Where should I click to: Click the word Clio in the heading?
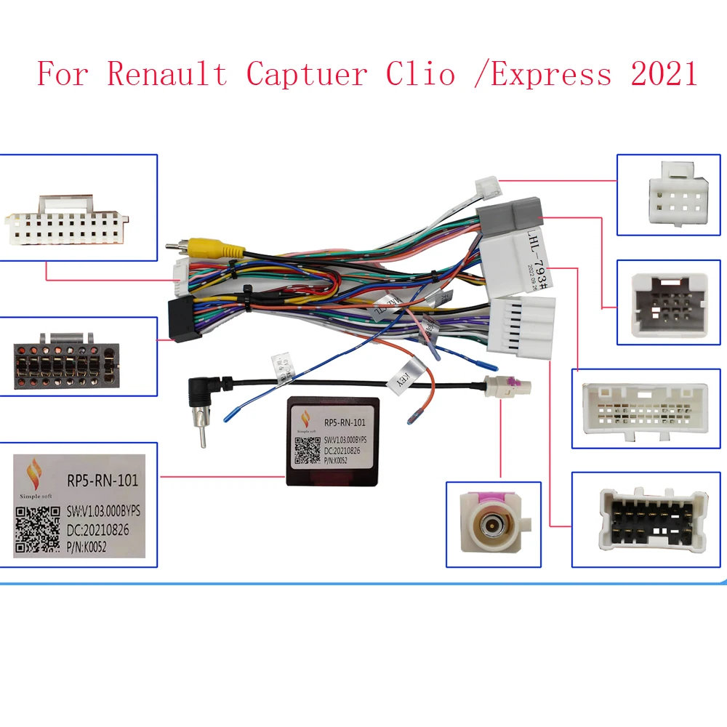[x=422, y=73]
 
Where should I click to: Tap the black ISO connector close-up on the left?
[x=64, y=359]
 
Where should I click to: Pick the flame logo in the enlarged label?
[x=33, y=477]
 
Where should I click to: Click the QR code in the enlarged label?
[x=36, y=531]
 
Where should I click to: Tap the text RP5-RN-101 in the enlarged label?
[x=102, y=481]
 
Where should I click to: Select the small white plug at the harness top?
[x=486, y=189]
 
